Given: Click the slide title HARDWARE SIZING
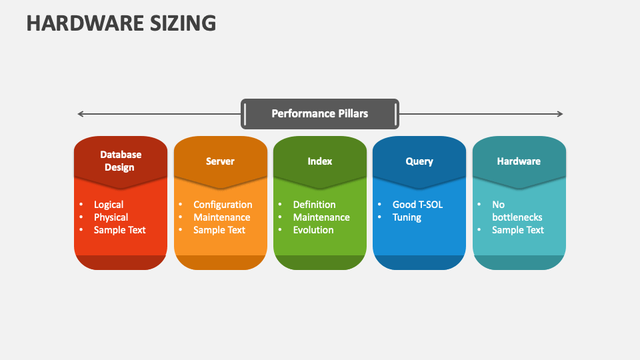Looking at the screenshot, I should [x=121, y=23].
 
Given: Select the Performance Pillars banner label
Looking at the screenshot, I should [x=319, y=113].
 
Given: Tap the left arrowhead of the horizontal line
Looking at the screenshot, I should [x=81, y=114].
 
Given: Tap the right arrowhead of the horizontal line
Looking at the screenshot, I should [x=560, y=114].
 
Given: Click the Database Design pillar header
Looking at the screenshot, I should [x=121, y=161].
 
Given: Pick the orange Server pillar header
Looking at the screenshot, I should [x=220, y=161].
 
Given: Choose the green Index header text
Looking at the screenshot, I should [x=320, y=161].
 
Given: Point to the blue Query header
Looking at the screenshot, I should [x=419, y=161].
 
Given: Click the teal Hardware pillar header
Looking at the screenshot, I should [x=519, y=161].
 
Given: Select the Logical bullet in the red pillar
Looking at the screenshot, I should [x=109, y=205].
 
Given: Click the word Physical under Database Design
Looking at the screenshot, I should [x=111, y=217].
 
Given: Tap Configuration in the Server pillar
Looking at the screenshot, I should [x=223, y=205].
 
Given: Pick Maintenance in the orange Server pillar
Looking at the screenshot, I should [x=222, y=217].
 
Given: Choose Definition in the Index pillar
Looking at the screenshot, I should [x=314, y=205].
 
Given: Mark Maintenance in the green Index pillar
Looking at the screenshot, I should [x=321, y=217].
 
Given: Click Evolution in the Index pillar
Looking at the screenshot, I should [x=313, y=230].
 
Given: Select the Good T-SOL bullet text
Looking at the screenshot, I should [x=417, y=205].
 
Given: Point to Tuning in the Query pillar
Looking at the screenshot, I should [x=407, y=217].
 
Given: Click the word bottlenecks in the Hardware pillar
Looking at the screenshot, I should [x=517, y=217].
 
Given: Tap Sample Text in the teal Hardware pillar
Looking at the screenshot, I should [x=518, y=230].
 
